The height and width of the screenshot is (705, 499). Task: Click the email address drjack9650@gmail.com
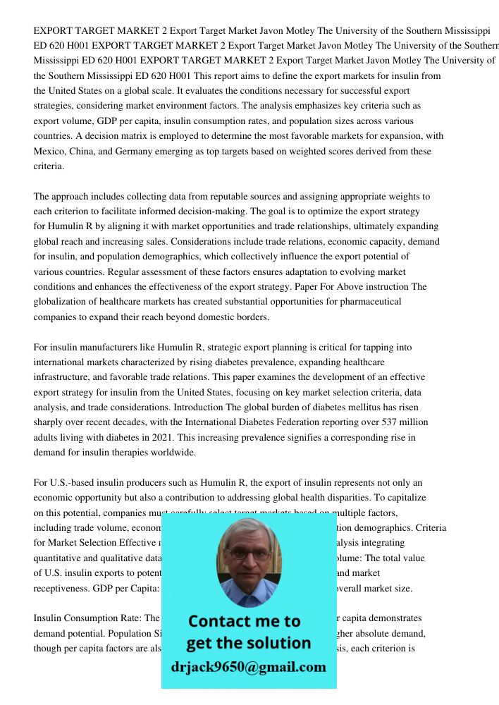tap(249, 667)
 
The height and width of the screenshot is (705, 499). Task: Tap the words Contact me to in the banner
tap(244, 621)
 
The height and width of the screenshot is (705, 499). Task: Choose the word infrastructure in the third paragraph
tap(64, 377)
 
